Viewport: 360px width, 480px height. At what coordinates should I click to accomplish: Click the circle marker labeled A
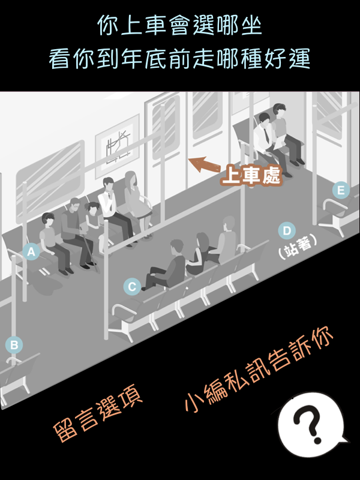[x=31, y=251]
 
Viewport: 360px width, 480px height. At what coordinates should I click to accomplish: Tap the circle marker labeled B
[x=14, y=344]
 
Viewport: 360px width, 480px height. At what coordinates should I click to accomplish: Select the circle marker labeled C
[x=132, y=287]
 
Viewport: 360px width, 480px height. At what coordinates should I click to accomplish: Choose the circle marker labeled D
[x=287, y=230]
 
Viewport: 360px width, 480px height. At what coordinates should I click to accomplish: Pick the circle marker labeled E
[x=341, y=190]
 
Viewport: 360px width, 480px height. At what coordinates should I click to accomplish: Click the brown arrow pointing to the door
[x=203, y=164]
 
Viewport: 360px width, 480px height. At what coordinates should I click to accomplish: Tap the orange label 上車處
[x=251, y=176]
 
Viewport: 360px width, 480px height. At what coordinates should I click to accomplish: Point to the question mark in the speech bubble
[x=307, y=424]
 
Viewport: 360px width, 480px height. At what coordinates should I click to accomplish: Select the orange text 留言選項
[x=97, y=413]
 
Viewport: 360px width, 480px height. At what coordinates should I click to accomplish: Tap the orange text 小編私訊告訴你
[x=259, y=369]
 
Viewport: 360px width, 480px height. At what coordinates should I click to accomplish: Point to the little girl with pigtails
[x=94, y=219]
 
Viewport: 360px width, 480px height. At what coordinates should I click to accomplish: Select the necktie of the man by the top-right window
[x=266, y=134]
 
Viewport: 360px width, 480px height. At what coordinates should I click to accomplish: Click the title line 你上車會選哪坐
[x=179, y=25]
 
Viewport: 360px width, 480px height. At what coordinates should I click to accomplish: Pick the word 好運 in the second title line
[x=288, y=58]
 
